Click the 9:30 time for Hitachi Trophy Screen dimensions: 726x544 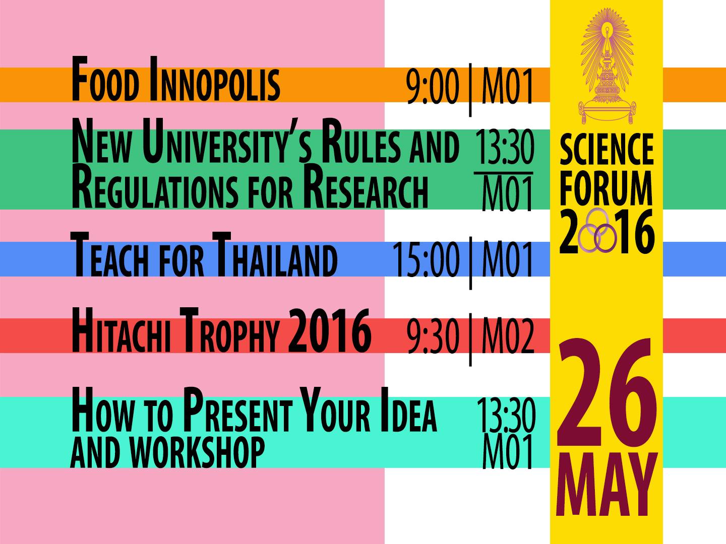point(433,336)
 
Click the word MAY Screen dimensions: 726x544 point(607,485)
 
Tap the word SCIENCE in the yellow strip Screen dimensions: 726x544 point(607,149)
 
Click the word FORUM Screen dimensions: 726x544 point(607,188)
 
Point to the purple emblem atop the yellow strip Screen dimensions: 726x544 point(607,66)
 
